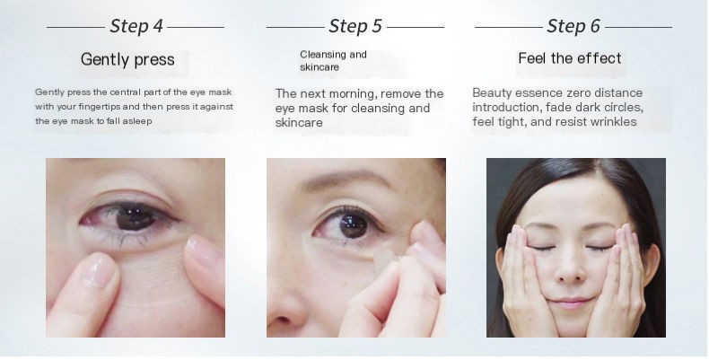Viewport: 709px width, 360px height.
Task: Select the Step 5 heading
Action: click(x=355, y=25)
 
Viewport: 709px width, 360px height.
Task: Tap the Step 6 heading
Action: click(x=573, y=25)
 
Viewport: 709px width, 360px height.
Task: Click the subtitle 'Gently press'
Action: click(x=127, y=60)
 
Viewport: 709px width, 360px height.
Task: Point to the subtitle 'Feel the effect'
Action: click(x=570, y=58)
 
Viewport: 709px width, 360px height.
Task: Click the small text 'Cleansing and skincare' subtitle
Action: click(x=333, y=61)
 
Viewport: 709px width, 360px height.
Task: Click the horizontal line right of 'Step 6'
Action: click(x=639, y=27)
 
